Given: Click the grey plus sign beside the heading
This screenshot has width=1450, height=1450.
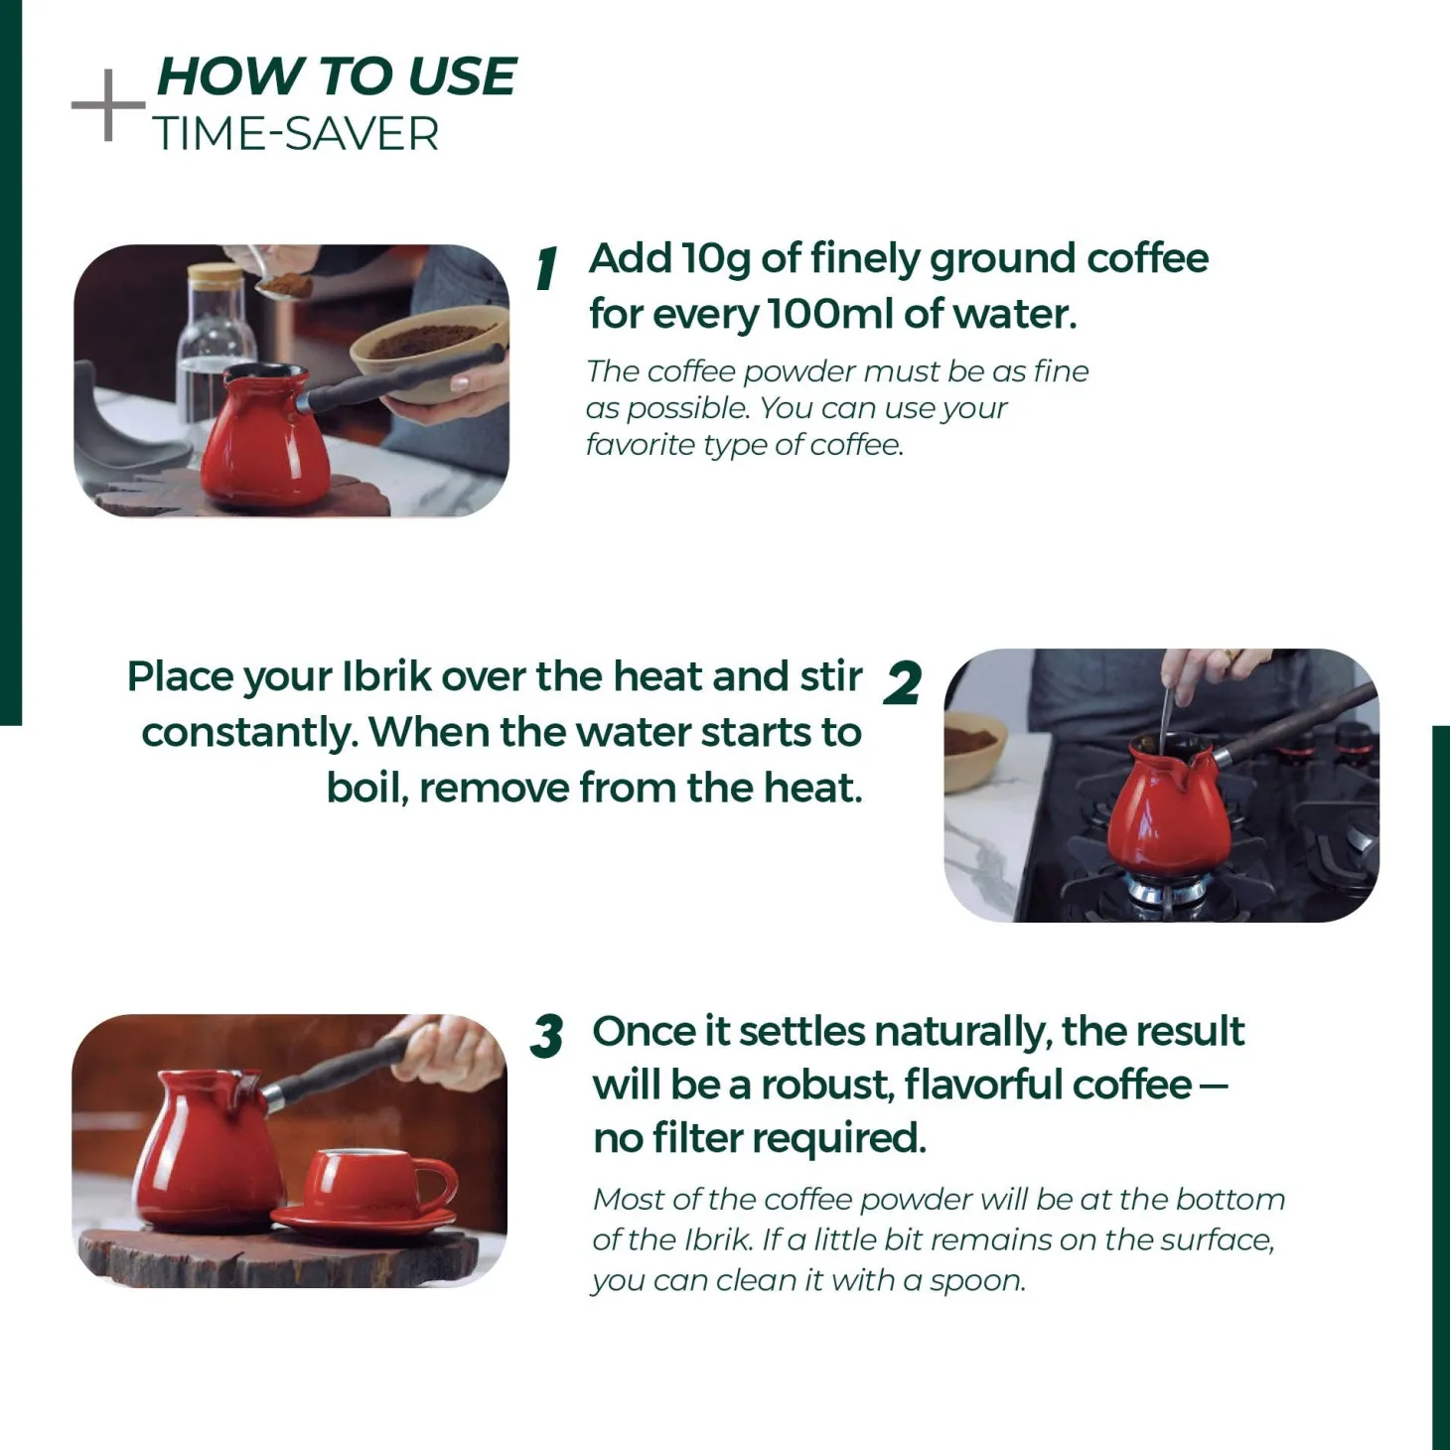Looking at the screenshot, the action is point(108,105).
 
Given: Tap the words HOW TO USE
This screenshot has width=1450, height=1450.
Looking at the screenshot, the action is point(337,76).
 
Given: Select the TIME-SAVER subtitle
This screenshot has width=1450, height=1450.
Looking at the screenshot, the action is point(296,134).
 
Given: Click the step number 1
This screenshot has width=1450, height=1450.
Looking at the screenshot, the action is point(547,268).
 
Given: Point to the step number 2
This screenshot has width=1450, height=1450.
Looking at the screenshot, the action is point(902,682).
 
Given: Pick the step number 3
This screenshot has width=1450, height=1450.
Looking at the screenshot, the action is point(547,1036).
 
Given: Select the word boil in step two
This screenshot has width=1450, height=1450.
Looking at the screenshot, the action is point(366,789).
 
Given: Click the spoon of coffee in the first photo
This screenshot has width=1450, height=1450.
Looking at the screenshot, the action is point(284,286).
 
